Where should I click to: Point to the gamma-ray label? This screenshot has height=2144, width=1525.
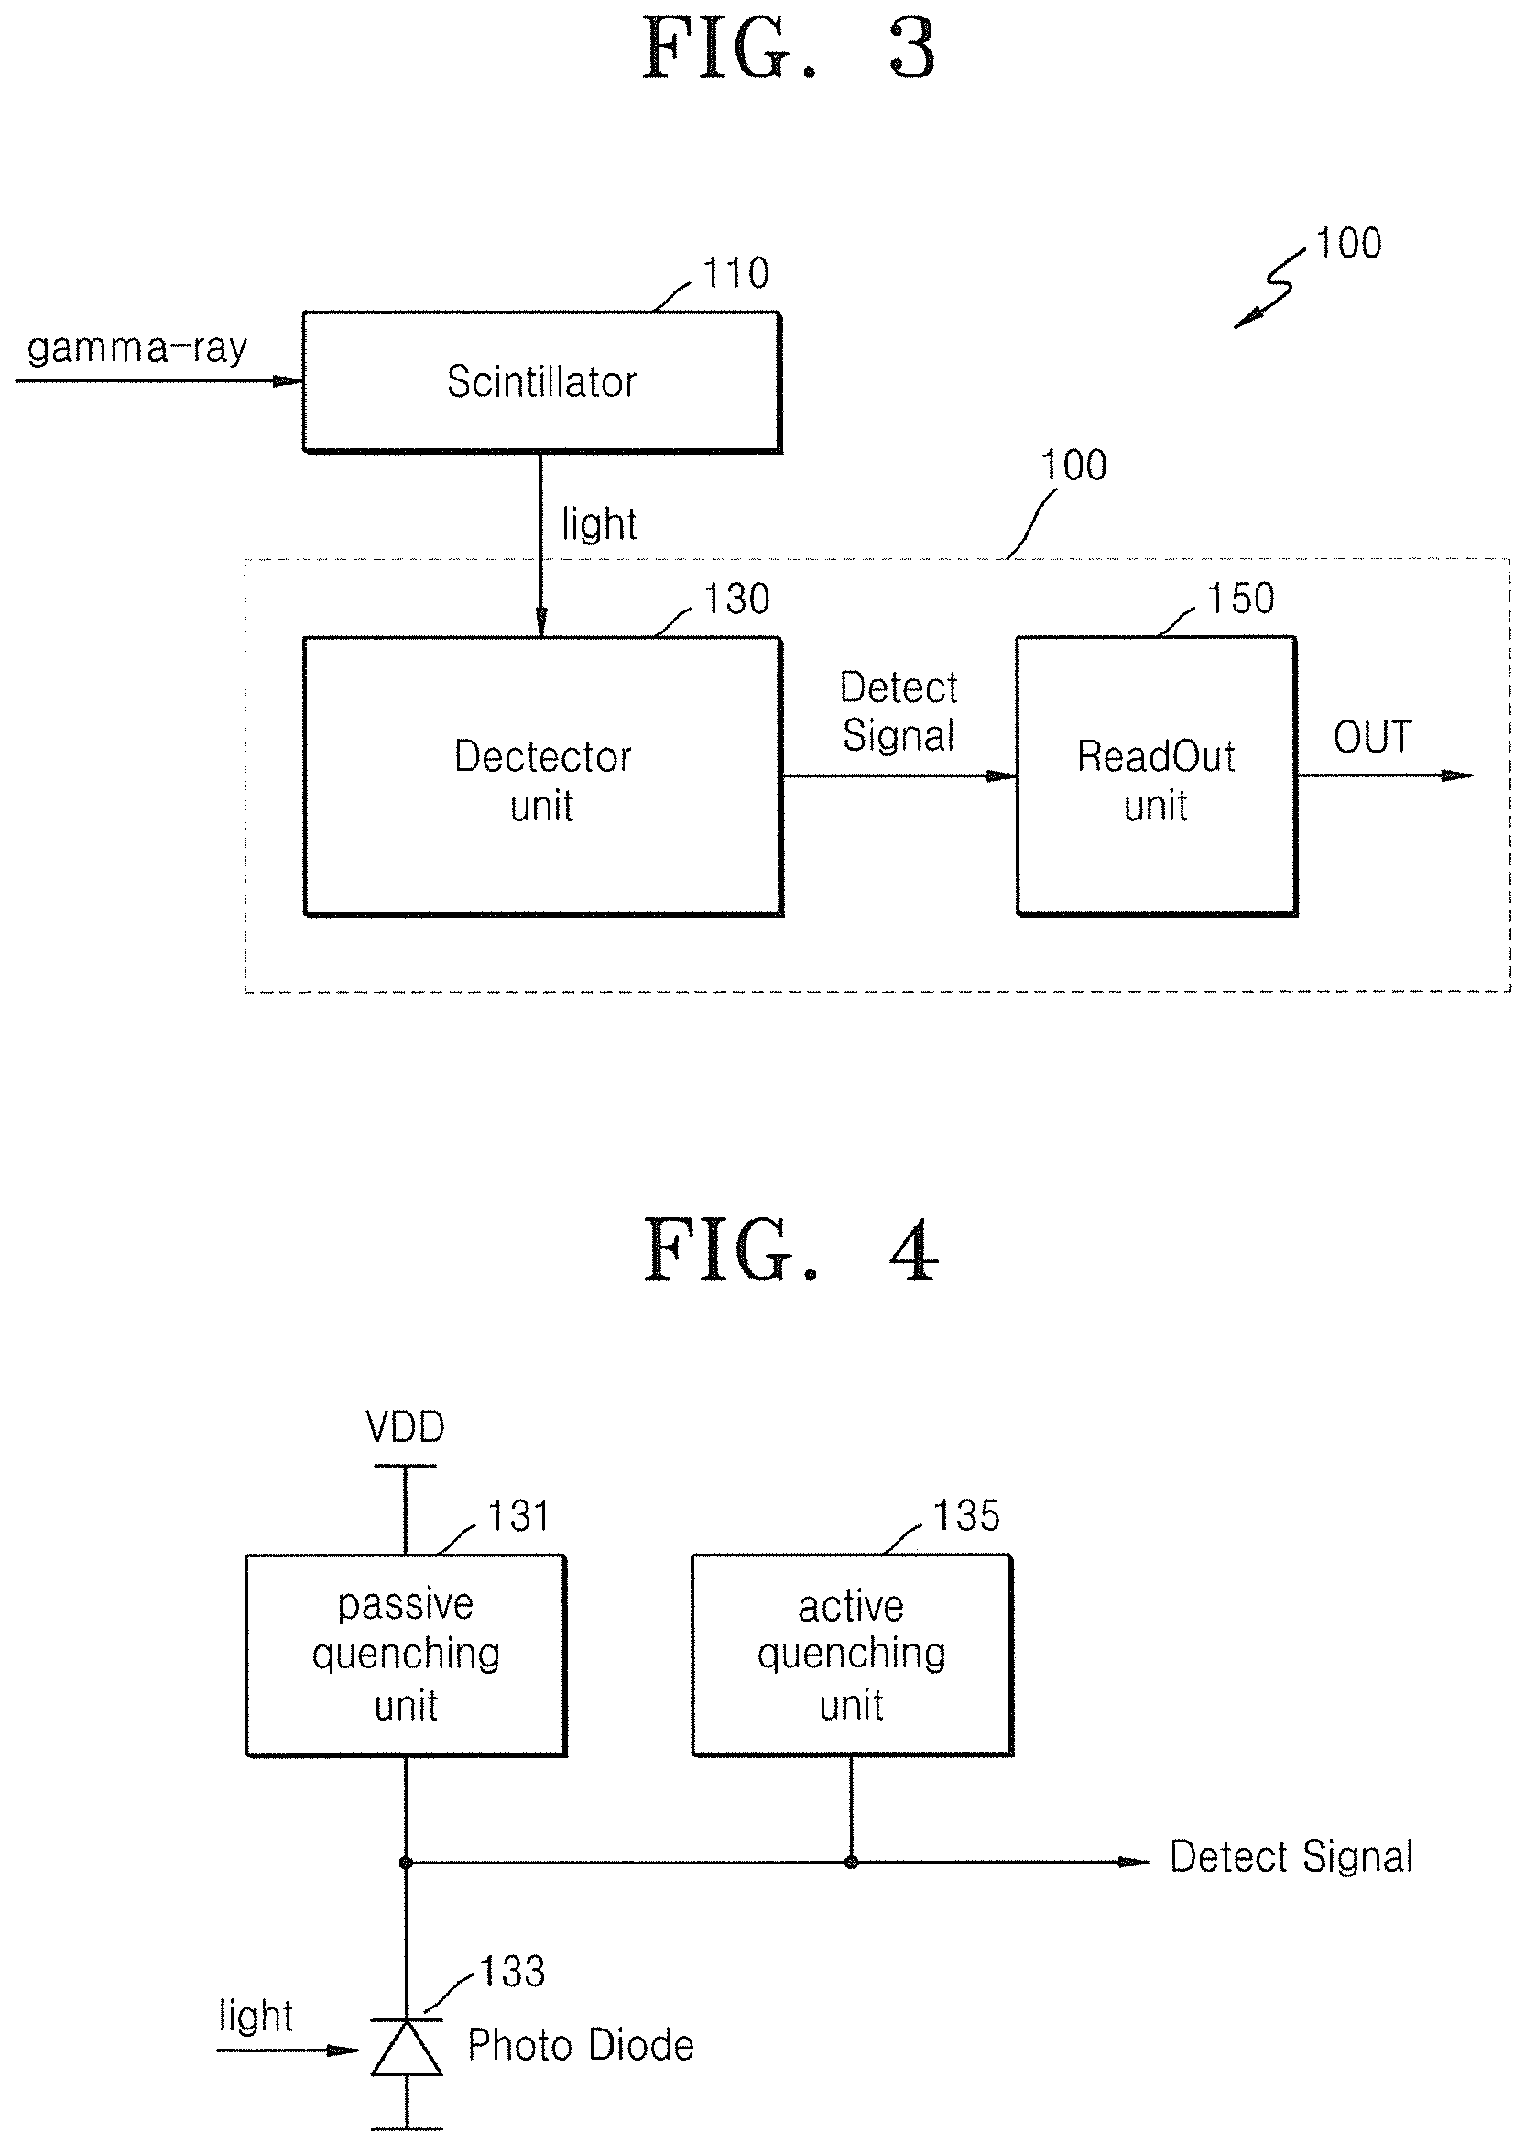pos(137,348)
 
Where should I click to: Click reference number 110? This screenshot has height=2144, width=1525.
pos(736,273)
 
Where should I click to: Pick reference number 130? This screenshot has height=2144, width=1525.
pos(737,599)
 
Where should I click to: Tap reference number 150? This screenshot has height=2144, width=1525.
pos(1240,599)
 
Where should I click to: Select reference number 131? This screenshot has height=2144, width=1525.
pos(518,1516)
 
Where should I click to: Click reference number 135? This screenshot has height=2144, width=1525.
pos(966,1515)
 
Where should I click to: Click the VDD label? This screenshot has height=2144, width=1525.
pos(406,1428)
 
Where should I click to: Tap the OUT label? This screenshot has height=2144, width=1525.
pos(1373,738)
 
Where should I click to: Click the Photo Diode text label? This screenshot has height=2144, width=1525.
pos(581,2045)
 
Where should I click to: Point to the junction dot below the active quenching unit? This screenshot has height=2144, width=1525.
pos(851,1863)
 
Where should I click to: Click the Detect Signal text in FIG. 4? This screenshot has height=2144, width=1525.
pos(1291,1857)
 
